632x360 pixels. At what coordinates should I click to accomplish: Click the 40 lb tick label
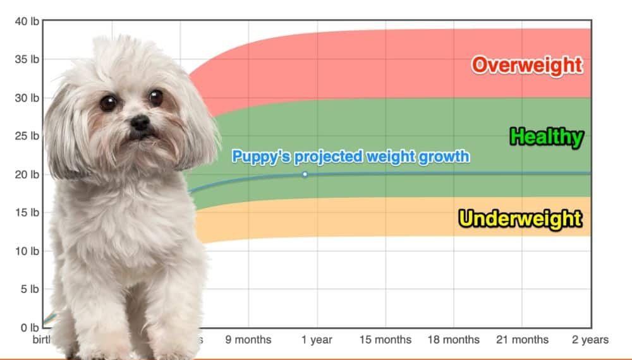click(x=27, y=21)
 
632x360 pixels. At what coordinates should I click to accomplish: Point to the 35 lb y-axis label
click(x=27, y=59)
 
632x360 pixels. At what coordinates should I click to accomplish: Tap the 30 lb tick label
click(x=27, y=98)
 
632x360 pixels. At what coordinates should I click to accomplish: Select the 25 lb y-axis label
click(x=27, y=136)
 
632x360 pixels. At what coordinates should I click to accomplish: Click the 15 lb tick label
click(x=27, y=212)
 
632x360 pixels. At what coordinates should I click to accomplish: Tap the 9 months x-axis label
click(x=248, y=340)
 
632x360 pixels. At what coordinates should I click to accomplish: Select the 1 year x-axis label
click(x=317, y=340)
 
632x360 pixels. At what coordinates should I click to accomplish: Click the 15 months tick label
click(x=385, y=340)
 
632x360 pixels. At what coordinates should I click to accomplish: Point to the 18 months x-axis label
click(x=453, y=340)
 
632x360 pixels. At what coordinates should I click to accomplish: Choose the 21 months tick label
click(x=522, y=340)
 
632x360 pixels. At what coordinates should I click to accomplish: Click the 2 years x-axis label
click(x=590, y=340)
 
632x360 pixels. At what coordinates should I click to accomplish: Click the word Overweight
click(x=526, y=64)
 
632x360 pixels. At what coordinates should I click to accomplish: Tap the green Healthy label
click(x=546, y=137)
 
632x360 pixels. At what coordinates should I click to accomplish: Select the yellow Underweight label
click(x=520, y=219)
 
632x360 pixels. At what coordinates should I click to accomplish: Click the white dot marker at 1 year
click(x=305, y=174)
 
